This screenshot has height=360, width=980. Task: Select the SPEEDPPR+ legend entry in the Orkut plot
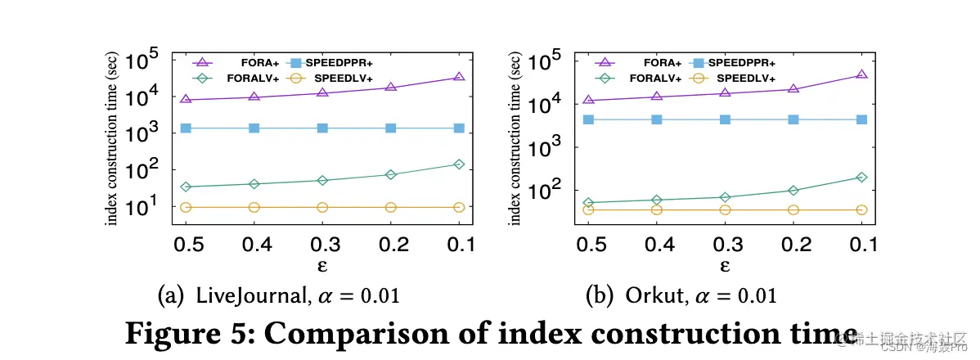coord(736,62)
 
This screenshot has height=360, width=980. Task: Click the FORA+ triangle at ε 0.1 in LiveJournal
coord(459,77)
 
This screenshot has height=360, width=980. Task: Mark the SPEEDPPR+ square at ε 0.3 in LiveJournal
coord(322,128)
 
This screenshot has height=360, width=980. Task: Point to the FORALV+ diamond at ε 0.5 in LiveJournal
coord(186,187)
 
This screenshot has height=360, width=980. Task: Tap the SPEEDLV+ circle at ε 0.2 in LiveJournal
coord(390,207)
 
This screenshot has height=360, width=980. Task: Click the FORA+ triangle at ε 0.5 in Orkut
coord(587,100)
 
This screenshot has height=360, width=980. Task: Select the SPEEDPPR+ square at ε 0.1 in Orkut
coord(861,119)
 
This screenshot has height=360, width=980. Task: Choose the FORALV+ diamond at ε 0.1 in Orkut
coord(861,177)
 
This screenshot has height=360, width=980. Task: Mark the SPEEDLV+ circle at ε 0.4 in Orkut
coord(655,209)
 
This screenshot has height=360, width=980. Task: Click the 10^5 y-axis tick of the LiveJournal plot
coord(148,61)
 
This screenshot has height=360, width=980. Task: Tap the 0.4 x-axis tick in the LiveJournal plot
coord(254,245)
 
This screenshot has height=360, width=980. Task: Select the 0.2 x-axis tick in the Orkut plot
coord(792,245)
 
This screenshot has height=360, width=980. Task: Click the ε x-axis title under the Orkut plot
coord(724,266)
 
